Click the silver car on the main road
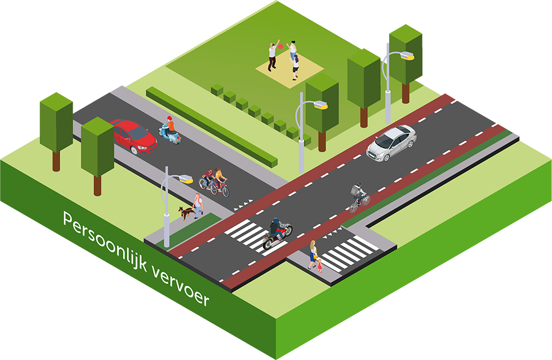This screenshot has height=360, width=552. [392, 142]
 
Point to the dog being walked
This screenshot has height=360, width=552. [185, 213]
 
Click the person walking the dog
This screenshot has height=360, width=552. [198, 205]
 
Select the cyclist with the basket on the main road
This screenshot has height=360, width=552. [359, 198]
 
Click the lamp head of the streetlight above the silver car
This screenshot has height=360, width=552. [406, 56]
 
